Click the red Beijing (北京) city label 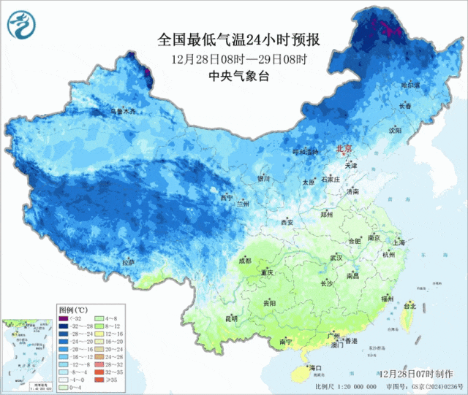coord(344,148)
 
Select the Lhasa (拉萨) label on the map coord(128,261)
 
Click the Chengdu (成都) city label coord(244,261)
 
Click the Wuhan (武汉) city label coord(336,258)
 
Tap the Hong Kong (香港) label coord(352,341)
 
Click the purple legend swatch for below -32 coord(64,318)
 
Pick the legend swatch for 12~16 coord(108,333)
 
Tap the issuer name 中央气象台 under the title coord(239,76)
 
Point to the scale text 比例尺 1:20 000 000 coord(345,386)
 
